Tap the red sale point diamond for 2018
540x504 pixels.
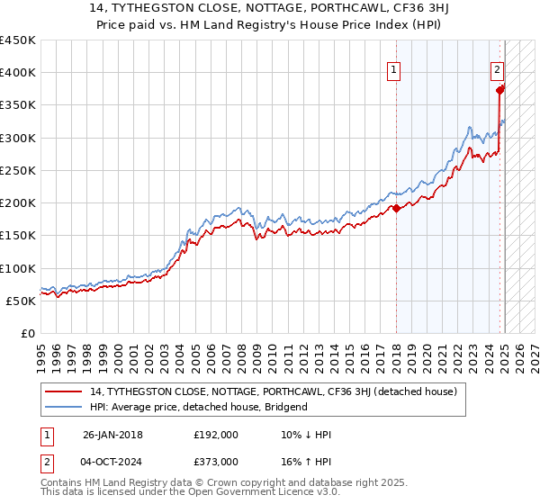tap(396, 209)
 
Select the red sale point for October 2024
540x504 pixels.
tap(499, 89)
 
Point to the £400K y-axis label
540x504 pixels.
tap(18, 73)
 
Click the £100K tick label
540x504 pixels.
tap(18, 268)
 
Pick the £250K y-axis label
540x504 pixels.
tap(18, 170)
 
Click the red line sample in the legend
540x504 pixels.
tap(65, 391)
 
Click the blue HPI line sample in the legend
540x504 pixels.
tap(65, 407)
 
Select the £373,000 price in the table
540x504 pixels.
tap(215, 461)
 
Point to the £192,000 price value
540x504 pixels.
tap(215, 435)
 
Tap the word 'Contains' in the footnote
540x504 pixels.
tap(62, 483)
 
